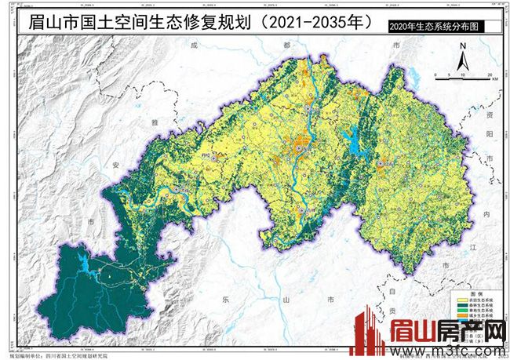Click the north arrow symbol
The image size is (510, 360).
[464, 61]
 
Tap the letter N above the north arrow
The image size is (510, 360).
[464, 49]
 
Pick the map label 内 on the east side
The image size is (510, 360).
[485, 213]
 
